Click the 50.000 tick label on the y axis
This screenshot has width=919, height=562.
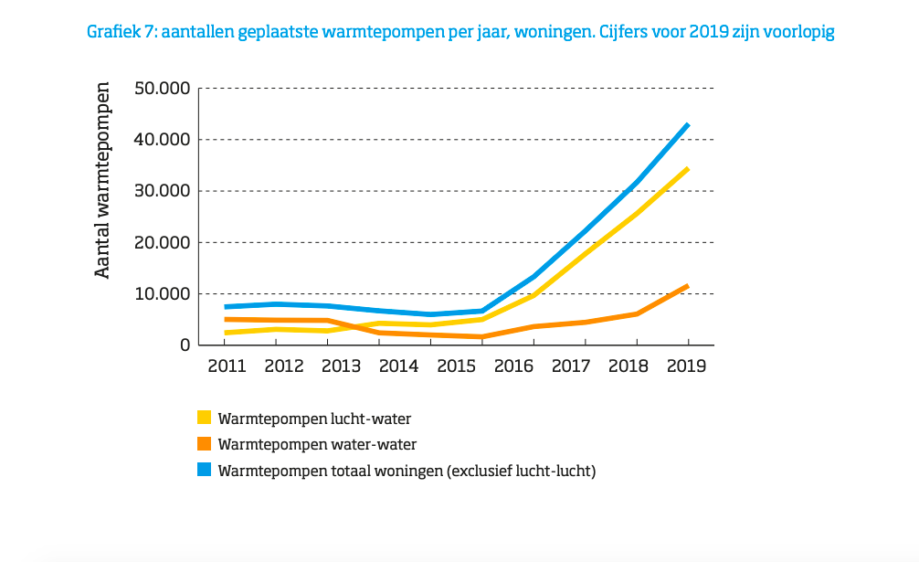tap(161, 89)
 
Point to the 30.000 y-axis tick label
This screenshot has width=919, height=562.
tap(161, 191)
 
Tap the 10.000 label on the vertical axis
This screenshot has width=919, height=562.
tap(161, 294)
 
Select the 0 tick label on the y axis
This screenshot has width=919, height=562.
tap(183, 345)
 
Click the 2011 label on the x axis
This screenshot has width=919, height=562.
tap(226, 366)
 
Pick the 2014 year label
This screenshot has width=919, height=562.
tap(398, 366)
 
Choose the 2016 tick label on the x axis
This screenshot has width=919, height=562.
tap(514, 366)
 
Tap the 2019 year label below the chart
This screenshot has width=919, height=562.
tap(687, 366)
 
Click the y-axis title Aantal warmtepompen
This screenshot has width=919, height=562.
tap(103, 180)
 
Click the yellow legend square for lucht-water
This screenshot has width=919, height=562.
tap(205, 419)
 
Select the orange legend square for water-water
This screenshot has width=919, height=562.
tap(205, 444)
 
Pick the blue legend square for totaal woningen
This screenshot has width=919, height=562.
tap(205, 471)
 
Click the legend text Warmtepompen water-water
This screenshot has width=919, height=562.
tap(318, 445)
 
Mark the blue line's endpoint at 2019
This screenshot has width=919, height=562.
tap(687, 124)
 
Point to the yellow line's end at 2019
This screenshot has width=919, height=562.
tap(687, 169)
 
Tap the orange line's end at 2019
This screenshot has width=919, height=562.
tap(687, 286)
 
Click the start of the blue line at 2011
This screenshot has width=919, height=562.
tap(227, 307)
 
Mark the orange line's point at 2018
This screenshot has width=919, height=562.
tap(636, 313)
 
